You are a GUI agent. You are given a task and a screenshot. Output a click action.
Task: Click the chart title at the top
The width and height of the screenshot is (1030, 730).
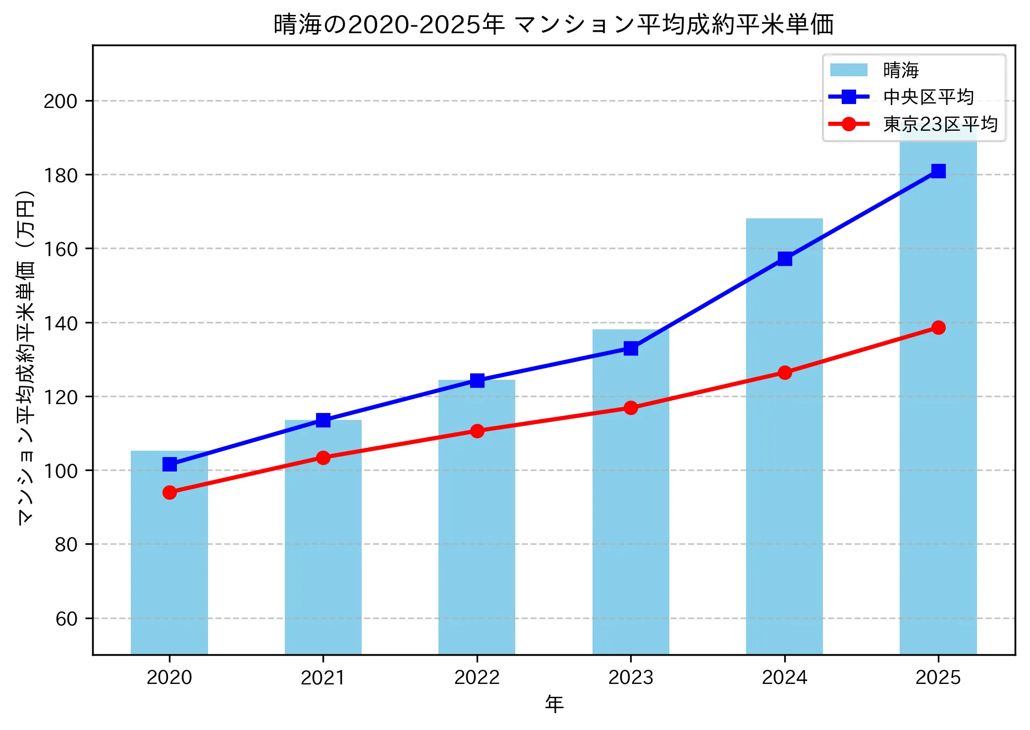[x=553, y=25]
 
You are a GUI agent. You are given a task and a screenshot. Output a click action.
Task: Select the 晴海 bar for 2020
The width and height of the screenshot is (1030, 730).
[x=169, y=552]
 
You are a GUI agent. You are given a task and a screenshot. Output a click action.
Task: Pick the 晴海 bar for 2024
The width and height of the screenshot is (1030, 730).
[x=784, y=436]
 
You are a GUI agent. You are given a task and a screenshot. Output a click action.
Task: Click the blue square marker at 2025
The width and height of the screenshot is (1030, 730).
[x=938, y=171]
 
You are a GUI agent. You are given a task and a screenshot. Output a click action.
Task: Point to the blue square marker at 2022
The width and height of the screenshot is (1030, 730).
[x=477, y=380]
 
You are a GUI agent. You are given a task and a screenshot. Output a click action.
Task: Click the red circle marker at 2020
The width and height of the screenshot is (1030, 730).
[x=169, y=492]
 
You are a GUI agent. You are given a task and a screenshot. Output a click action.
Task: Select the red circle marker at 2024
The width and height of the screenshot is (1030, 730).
[x=785, y=372]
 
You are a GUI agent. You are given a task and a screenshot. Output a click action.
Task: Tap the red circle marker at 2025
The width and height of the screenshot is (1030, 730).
[x=938, y=327]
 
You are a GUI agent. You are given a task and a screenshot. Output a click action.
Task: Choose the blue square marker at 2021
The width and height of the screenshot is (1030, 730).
[x=323, y=420]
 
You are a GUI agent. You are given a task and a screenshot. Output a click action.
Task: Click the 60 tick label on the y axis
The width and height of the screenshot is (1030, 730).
[x=66, y=619]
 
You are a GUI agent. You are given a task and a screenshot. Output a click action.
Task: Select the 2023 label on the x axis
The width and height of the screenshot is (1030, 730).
[x=631, y=677]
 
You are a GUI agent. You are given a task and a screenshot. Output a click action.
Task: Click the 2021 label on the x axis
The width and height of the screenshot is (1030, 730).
[x=323, y=677]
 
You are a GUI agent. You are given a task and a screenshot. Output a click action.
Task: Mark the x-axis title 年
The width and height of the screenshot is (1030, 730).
[x=554, y=704]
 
